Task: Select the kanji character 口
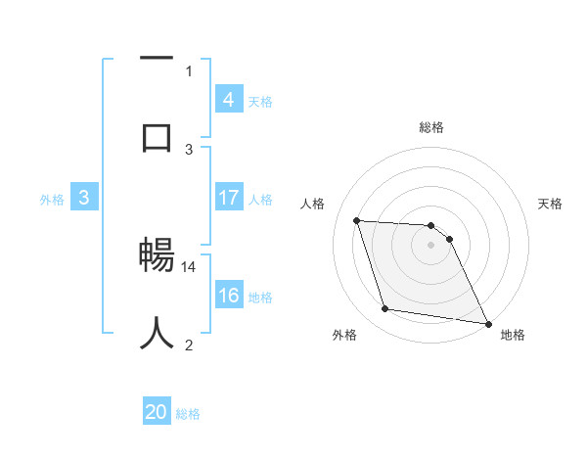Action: coord(157,136)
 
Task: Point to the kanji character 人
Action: coord(157,333)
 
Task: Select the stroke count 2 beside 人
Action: coord(189,345)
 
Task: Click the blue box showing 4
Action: coord(228,99)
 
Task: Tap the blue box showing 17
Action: coord(228,198)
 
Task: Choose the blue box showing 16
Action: coord(228,297)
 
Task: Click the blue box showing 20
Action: coord(157,413)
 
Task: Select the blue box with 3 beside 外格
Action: coord(84,198)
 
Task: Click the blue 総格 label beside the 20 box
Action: coord(189,415)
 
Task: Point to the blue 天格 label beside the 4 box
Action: coord(260,102)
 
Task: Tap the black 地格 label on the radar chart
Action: coord(513,336)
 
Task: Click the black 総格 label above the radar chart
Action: coord(431,128)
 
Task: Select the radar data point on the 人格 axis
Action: coord(357,220)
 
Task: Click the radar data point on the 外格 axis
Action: coord(385,309)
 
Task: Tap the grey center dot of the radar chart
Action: coord(431,246)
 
